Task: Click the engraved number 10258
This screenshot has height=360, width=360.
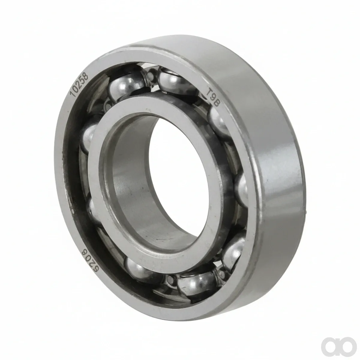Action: click(x=79, y=85)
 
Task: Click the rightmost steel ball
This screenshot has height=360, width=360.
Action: click(x=241, y=189)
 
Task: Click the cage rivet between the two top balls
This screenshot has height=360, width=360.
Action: click(x=150, y=75)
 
